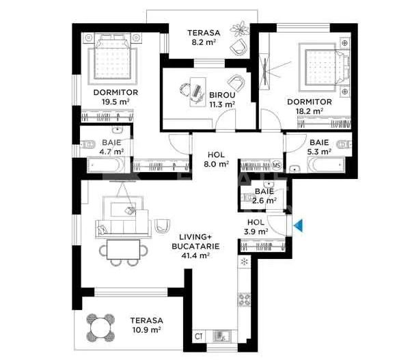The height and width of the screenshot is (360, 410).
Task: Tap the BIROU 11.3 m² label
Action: [222, 100]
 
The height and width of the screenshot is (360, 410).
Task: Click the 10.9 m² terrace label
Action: [147, 324]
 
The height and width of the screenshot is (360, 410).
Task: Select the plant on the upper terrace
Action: [241, 29]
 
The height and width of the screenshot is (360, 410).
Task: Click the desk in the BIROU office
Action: [193, 91]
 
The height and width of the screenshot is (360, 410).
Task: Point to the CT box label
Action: [199, 336]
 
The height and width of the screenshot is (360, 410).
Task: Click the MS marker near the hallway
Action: [277, 165]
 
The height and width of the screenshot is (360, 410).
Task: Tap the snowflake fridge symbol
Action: [244, 262]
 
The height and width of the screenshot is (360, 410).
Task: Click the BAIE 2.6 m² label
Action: [264, 197]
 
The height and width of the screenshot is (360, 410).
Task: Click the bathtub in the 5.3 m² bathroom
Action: [325, 166]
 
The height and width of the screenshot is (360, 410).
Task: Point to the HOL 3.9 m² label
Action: [255, 227]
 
